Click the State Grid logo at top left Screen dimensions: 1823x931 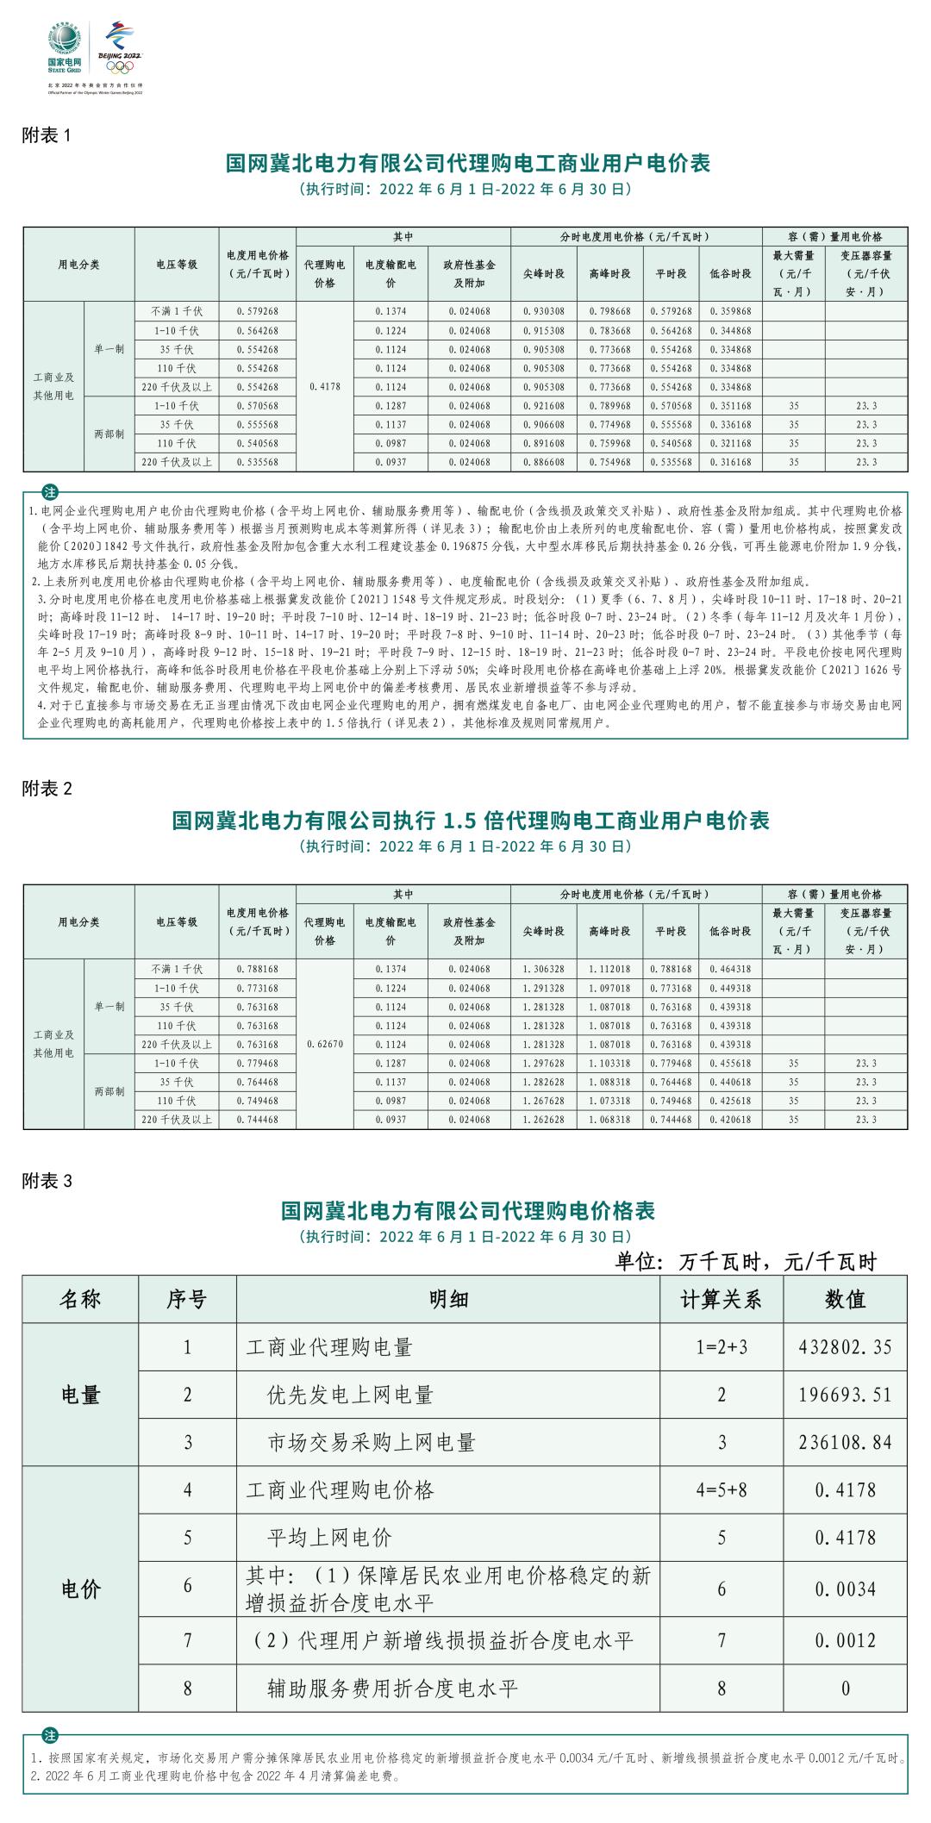pos(65,49)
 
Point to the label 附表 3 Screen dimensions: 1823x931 pos(47,1181)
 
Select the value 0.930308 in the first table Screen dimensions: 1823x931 pos(543,311)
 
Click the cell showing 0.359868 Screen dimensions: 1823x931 pos(730,311)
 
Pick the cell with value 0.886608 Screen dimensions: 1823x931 pos(543,462)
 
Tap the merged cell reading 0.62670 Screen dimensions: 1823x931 pos(324,1044)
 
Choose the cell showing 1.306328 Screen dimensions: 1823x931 pos(543,969)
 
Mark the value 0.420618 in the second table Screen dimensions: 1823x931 pos(730,1120)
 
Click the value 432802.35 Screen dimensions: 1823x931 pos(844,1347)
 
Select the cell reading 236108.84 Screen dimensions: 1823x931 pos(844,1442)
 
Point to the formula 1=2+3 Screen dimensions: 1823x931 pos(722,1347)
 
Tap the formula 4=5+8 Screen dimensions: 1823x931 pos(722,1489)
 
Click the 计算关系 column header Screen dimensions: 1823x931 pos(722,1300)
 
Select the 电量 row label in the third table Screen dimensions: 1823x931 pos(82,1395)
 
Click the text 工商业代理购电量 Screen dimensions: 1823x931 pos(329,1347)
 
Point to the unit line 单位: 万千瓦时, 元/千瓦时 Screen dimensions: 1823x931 pos(745,1262)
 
